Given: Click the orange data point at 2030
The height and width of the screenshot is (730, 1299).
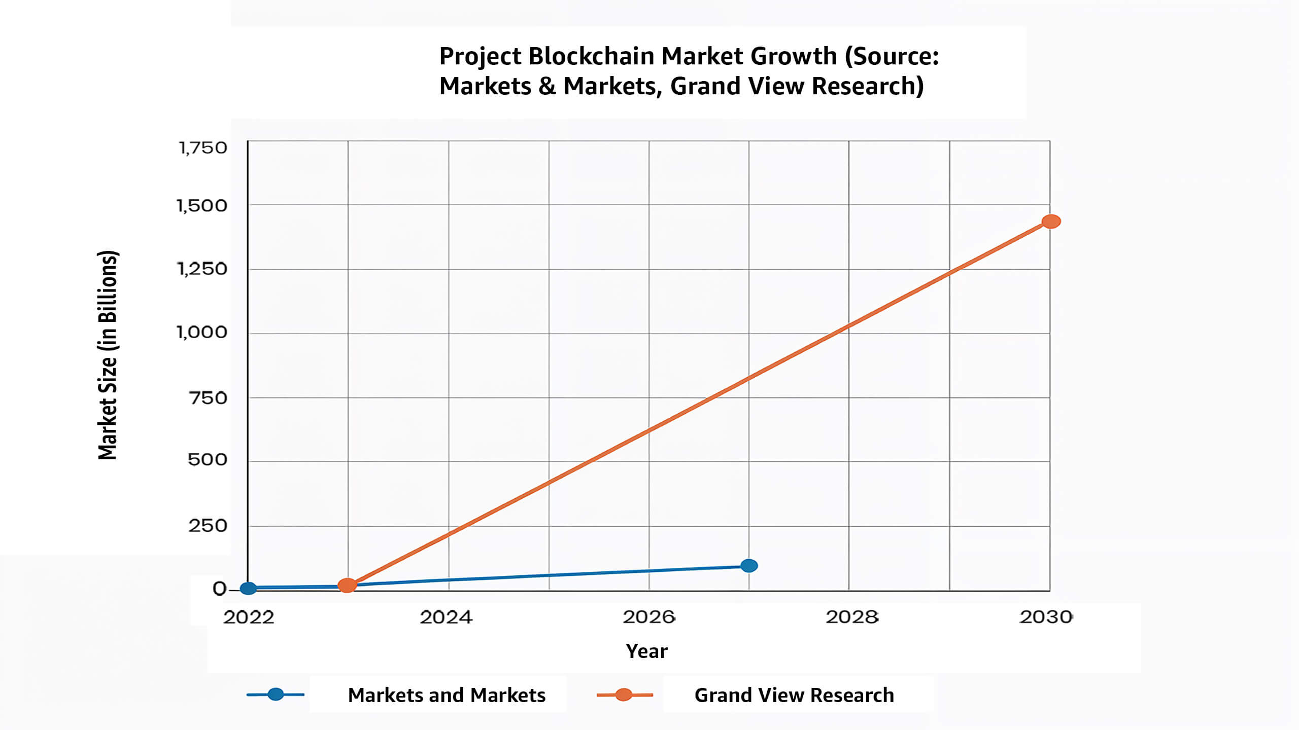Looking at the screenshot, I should [x=1051, y=222].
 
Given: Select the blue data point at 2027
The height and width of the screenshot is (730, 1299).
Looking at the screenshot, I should [x=749, y=566].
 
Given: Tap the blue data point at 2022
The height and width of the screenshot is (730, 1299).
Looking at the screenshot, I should [x=248, y=588].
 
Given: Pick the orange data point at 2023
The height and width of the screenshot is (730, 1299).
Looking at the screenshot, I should [x=347, y=585].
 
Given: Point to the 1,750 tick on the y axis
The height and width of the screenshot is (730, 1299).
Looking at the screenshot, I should [x=202, y=148].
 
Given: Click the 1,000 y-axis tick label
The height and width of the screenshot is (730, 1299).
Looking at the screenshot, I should [x=201, y=333].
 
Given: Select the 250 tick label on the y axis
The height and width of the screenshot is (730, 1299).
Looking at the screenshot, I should [x=208, y=526].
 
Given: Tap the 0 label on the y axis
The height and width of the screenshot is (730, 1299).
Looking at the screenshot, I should [x=219, y=589].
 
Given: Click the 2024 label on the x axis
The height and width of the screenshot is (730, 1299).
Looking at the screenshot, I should [x=446, y=617].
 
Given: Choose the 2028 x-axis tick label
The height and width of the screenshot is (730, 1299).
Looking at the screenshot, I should [x=851, y=617].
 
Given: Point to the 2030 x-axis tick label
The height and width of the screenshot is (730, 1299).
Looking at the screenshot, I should [x=1046, y=617].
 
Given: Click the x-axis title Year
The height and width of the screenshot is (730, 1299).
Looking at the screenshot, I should [x=646, y=651].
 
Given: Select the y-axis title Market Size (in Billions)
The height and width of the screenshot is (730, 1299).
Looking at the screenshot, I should [x=108, y=355].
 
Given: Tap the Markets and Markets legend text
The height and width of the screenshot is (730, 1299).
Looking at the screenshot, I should [x=447, y=695].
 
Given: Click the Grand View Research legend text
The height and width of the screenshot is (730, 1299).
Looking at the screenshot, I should [x=794, y=695].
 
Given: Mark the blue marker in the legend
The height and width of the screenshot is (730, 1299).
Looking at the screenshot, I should [x=276, y=694].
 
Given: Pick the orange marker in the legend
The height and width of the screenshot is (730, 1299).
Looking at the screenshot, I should [x=624, y=695].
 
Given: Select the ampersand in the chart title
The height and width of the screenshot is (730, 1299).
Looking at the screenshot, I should [x=547, y=86].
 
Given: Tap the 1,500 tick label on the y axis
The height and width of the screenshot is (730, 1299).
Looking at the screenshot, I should [x=201, y=206].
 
